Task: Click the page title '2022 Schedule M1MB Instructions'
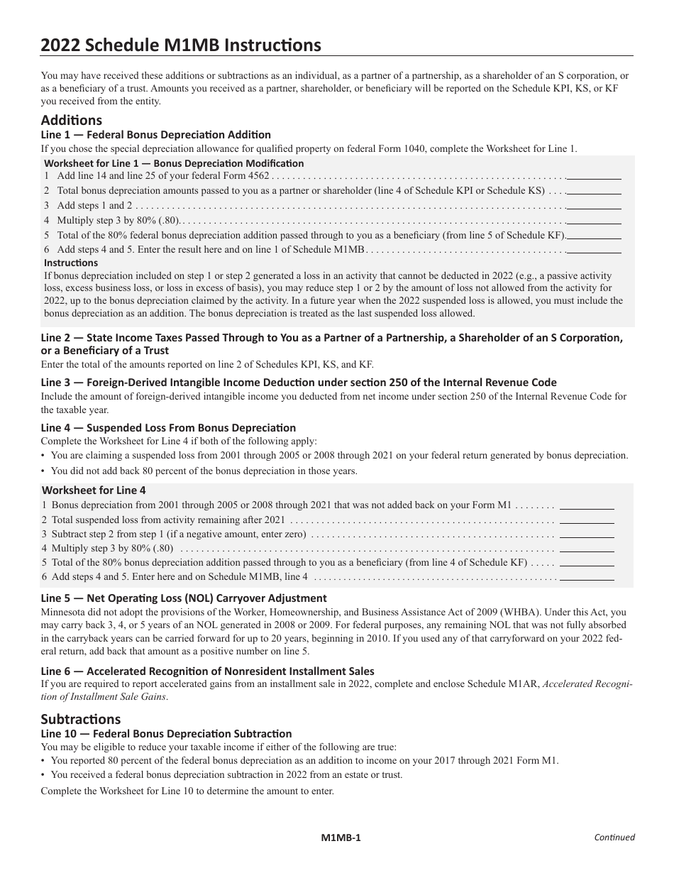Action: [181, 45]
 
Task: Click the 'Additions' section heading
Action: [72, 120]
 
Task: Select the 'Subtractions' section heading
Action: [81, 719]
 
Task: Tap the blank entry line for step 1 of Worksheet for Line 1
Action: [594, 176]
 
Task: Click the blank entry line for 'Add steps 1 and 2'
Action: [594, 206]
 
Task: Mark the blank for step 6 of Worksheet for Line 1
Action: [594, 250]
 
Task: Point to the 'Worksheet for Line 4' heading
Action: [94, 490]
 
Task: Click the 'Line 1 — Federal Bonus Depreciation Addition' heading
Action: [156, 135]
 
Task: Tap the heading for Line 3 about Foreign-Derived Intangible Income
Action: [299, 383]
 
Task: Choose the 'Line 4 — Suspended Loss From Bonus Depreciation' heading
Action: [168, 428]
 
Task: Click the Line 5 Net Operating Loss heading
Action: [184, 598]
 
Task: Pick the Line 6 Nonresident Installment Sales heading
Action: [207, 671]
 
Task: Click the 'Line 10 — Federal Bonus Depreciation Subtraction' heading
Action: [166, 734]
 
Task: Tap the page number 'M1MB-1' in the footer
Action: [341, 838]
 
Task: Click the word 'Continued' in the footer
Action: [614, 838]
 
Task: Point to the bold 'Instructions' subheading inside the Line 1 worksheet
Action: [71, 263]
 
